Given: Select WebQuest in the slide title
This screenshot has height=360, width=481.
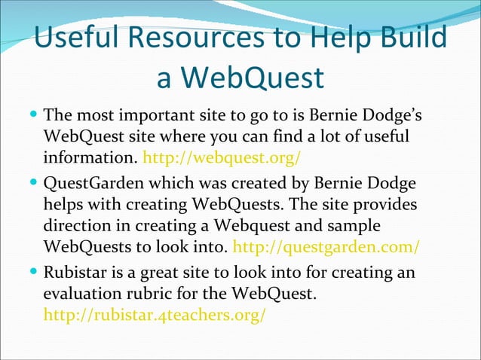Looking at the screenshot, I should click(x=257, y=77).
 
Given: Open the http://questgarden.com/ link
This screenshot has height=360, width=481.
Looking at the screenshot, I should click(x=327, y=246).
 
